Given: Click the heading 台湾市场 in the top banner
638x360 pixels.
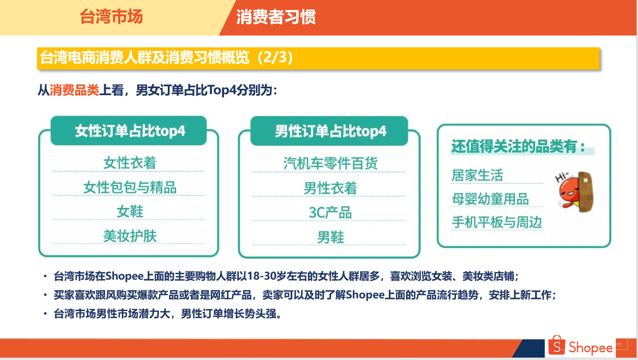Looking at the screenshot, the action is pyautogui.click(x=111, y=16).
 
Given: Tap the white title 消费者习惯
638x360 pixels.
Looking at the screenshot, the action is pyautogui.click(x=276, y=17).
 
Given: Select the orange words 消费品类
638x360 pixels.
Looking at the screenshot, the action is pyautogui.click(x=75, y=90).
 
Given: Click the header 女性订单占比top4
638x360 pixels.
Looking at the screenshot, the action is pyautogui.click(x=130, y=131).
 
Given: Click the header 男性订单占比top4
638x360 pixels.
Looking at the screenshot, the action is pyautogui.click(x=331, y=132).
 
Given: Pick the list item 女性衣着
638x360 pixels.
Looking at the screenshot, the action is pyautogui.click(x=130, y=163).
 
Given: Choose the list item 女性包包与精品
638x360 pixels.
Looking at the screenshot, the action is pyautogui.click(x=130, y=187).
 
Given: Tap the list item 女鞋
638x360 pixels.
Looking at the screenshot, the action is pyautogui.click(x=130, y=212).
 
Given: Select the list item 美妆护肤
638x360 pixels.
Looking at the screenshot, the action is pyautogui.click(x=130, y=236).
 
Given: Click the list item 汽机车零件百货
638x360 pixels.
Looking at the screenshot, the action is pyautogui.click(x=331, y=163).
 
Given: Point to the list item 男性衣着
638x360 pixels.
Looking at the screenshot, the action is pyautogui.click(x=331, y=188).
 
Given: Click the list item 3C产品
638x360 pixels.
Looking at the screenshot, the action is pyautogui.click(x=331, y=213).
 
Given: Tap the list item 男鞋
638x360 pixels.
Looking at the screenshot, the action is pyautogui.click(x=331, y=237).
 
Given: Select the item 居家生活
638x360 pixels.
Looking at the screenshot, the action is pyautogui.click(x=477, y=175).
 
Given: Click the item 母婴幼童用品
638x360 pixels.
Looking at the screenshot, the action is pyautogui.click(x=490, y=199).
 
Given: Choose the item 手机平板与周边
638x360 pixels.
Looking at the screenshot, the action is pyautogui.click(x=497, y=222).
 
